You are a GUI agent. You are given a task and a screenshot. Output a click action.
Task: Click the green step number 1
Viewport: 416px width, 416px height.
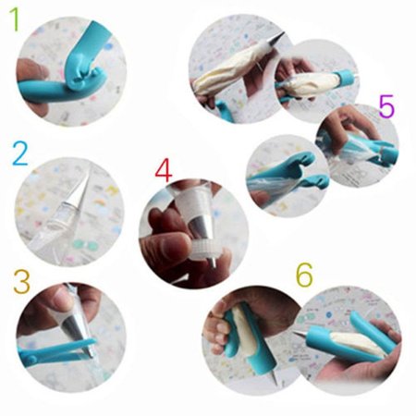pyautogui.click(x=14, y=19)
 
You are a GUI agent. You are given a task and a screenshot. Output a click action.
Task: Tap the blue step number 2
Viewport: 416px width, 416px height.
pyautogui.click(x=20, y=153)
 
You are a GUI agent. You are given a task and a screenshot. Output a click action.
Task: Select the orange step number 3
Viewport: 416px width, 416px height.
pyautogui.click(x=21, y=282)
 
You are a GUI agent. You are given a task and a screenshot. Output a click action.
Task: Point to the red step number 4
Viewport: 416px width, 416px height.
pyautogui.click(x=164, y=171)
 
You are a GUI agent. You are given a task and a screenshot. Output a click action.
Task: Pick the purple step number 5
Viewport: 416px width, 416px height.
pyautogui.click(x=386, y=106)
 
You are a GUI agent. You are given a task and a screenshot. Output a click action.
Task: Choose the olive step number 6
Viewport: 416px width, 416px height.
pyautogui.click(x=304, y=275)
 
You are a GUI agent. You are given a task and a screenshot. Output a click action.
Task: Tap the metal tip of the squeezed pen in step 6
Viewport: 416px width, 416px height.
pyautogui.click(x=273, y=377)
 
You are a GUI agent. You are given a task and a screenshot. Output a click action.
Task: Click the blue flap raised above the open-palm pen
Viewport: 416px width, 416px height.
pyautogui.click(x=369, y=325)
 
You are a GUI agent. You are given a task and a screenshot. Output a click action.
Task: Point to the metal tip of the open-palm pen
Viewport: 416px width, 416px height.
pyautogui.click(x=300, y=334)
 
